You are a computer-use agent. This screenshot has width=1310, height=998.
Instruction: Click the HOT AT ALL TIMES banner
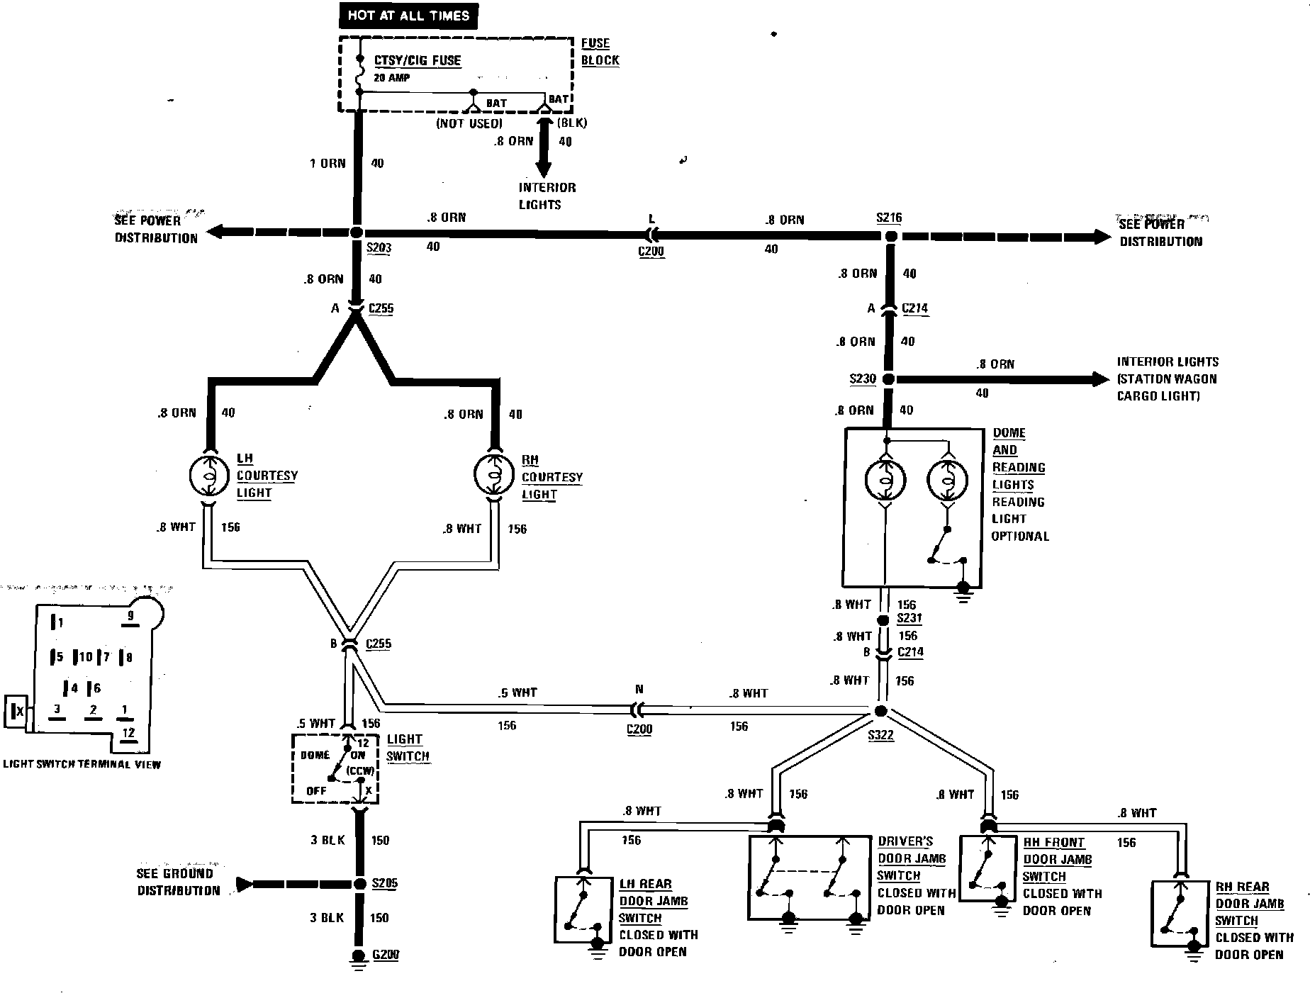tap(408, 16)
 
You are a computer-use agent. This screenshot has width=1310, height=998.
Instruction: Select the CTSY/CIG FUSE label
tap(418, 60)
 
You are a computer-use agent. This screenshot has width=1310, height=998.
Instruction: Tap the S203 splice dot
tap(357, 232)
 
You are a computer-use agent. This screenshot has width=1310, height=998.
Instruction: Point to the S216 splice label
tap(889, 218)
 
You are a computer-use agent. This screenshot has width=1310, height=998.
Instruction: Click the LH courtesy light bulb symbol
tap(210, 476)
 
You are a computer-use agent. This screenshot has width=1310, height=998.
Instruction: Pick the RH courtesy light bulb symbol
tap(494, 476)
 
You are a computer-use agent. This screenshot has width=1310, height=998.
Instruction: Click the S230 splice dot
tap(888, 379)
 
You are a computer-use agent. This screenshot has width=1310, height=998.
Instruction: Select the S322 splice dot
tap(881, 711)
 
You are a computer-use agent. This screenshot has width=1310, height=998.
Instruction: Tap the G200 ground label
tap(386, 955)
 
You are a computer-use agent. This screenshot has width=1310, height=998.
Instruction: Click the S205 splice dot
tap(357, 884)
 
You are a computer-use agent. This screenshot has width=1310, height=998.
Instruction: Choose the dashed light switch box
tap(335, 769)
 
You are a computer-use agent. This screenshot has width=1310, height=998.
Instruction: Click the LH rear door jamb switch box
tap(583, 910)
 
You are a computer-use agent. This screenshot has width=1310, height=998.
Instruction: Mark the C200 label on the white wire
tap(639, 729)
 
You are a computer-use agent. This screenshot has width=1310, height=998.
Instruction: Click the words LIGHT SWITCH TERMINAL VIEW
tap(82, 764)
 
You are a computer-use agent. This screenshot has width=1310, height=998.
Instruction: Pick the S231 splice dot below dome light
tap(883, 620)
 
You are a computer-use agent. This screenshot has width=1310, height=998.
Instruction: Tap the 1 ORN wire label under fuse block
tap(327, 164)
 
